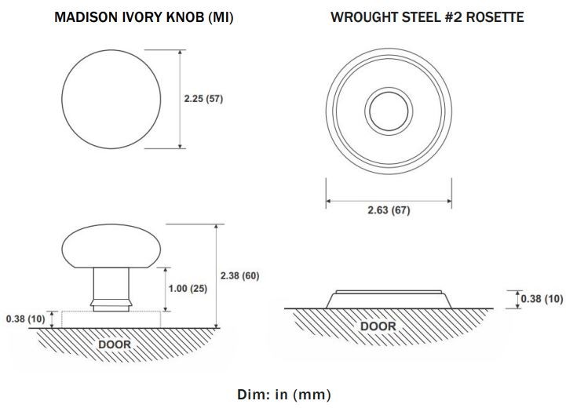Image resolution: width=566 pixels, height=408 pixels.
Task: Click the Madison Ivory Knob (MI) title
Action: (x=144, y=17)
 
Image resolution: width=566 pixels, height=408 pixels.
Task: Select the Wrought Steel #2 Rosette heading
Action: (x=427, y=17)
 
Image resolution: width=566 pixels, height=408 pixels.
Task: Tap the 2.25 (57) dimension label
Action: (x=203, y=99)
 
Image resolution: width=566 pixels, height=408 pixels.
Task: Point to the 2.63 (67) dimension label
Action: (x=389, y=210)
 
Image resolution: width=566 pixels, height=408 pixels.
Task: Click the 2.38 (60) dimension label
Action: (x=239, y=275)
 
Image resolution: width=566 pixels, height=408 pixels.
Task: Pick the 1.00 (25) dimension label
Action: (x=188, y=289)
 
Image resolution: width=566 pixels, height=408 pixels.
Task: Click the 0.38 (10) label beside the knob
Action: (x=26, y=319)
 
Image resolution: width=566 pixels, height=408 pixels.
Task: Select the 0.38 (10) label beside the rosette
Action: (x=542, y=299)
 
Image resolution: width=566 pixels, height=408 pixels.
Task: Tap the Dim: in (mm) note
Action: (x=283, y=395)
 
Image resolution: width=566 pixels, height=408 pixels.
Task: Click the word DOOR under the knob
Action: (x=115, y=344)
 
